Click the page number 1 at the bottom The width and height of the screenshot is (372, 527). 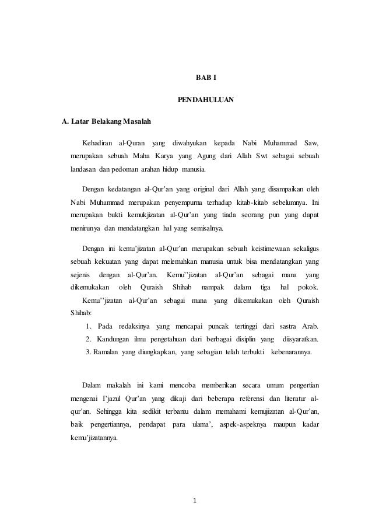click(x=195, y=501)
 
